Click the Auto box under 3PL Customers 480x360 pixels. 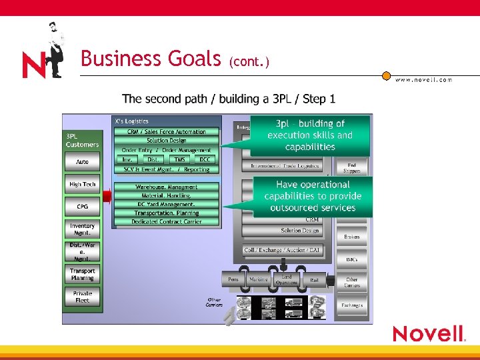tap(82, 162)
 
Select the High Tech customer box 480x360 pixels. tap(82, 185)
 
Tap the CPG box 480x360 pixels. tap(82, 207)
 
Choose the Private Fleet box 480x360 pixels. tap(82, 297)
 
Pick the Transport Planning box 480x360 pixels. tap(82, 274)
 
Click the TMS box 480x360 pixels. tap(179, 159)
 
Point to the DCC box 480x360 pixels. tap(205, 159)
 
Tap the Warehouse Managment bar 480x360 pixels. tap(166, 187)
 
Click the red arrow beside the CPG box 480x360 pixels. tap(106, 195)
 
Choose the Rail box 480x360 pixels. tap(314, 280)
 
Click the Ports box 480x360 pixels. tap(233, 280)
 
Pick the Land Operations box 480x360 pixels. tap(286, 280)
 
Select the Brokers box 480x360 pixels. tap(351, 237)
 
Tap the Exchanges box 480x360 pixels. tap(351, 305)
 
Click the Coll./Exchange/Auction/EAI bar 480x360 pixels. tap(284, 251)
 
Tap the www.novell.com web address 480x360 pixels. tap(423, 80)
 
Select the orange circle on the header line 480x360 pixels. tap(386, 75)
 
